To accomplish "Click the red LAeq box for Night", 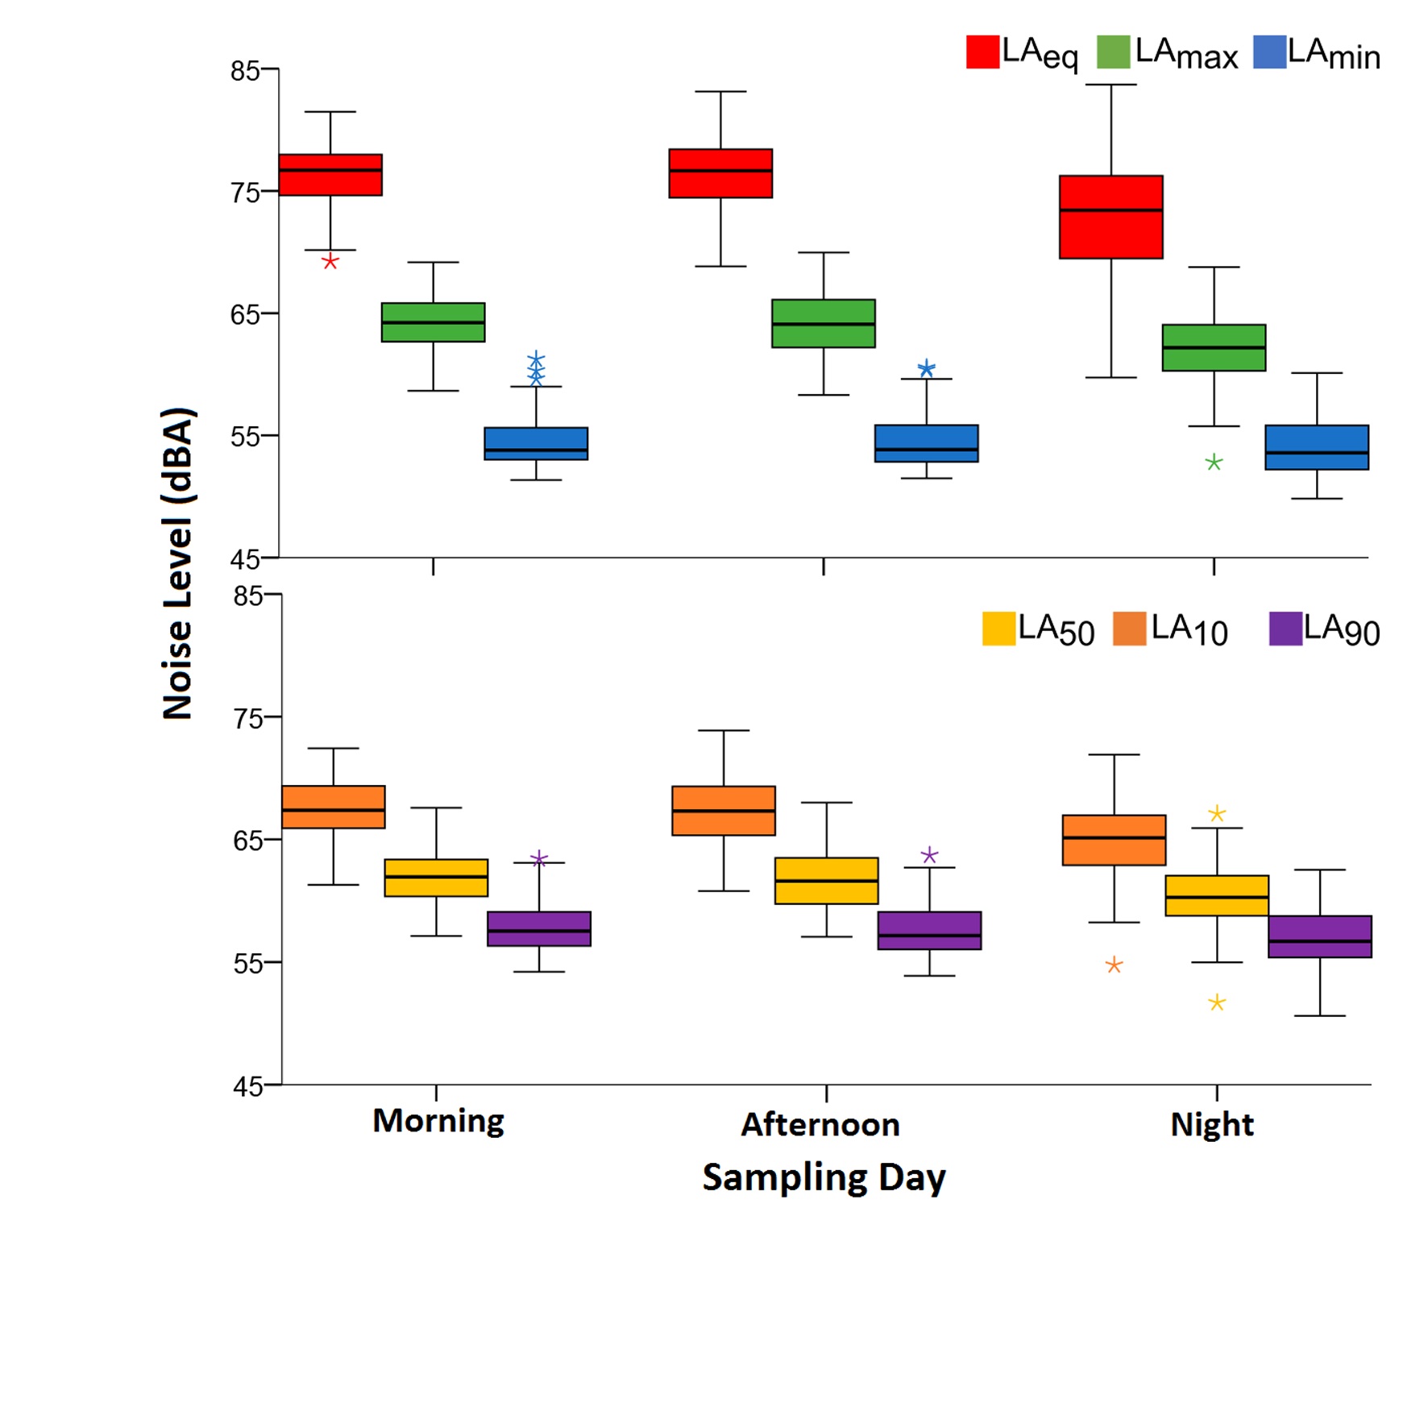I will click(1110, 217).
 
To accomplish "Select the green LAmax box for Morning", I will click(433, 322).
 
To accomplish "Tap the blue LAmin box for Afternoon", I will click(926, 443).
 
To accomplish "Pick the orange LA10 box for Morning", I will click(333, 807).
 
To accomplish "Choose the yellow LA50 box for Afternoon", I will click(826, 881).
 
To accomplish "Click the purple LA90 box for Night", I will click(1319, 936).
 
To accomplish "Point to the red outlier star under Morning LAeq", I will click(330, 262).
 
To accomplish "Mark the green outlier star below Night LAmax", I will click(1214, 463).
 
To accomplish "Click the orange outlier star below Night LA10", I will click(1114, 965).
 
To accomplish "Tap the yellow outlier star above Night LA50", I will click(1217, 814).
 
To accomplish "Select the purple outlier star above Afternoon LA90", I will click(929, 855).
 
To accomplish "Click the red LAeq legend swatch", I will click(982, 52).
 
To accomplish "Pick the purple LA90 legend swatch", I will click(1285, 629).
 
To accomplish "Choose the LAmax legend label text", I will click(1185, 54).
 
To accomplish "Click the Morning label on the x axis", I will click(438, 1121).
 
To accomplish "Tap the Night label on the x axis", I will click(1211, 1124).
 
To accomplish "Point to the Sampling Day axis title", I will click(824, 1178).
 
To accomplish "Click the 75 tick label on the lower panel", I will click(247, 718).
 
